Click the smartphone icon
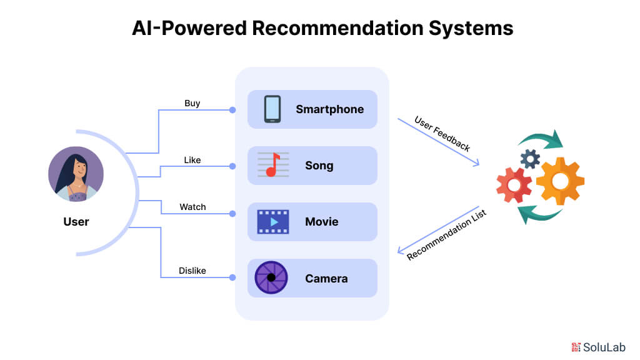coord(272,109)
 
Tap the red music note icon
coord(272,165)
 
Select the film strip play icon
coord(272,222)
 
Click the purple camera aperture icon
coord(271,278)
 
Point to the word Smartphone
coord(329,109)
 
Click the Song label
coord(319,166)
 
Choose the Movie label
coord(321,222)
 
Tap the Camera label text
coord(326,278)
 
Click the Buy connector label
coord(192,103)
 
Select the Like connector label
coord(192,160)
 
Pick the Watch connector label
coord(192,207)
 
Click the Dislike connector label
coord(192,271)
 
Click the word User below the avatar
coord(76,222)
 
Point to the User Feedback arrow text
coord(442,133)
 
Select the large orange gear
coord(560,181)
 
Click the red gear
coord(514,185)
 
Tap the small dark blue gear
coord(530,159)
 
